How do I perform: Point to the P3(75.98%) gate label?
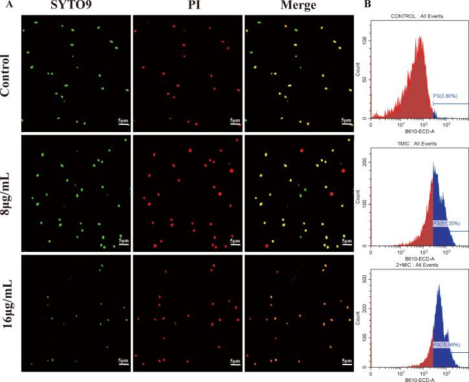pos(448,345)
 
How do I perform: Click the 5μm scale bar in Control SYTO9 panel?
pos(122,120)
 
